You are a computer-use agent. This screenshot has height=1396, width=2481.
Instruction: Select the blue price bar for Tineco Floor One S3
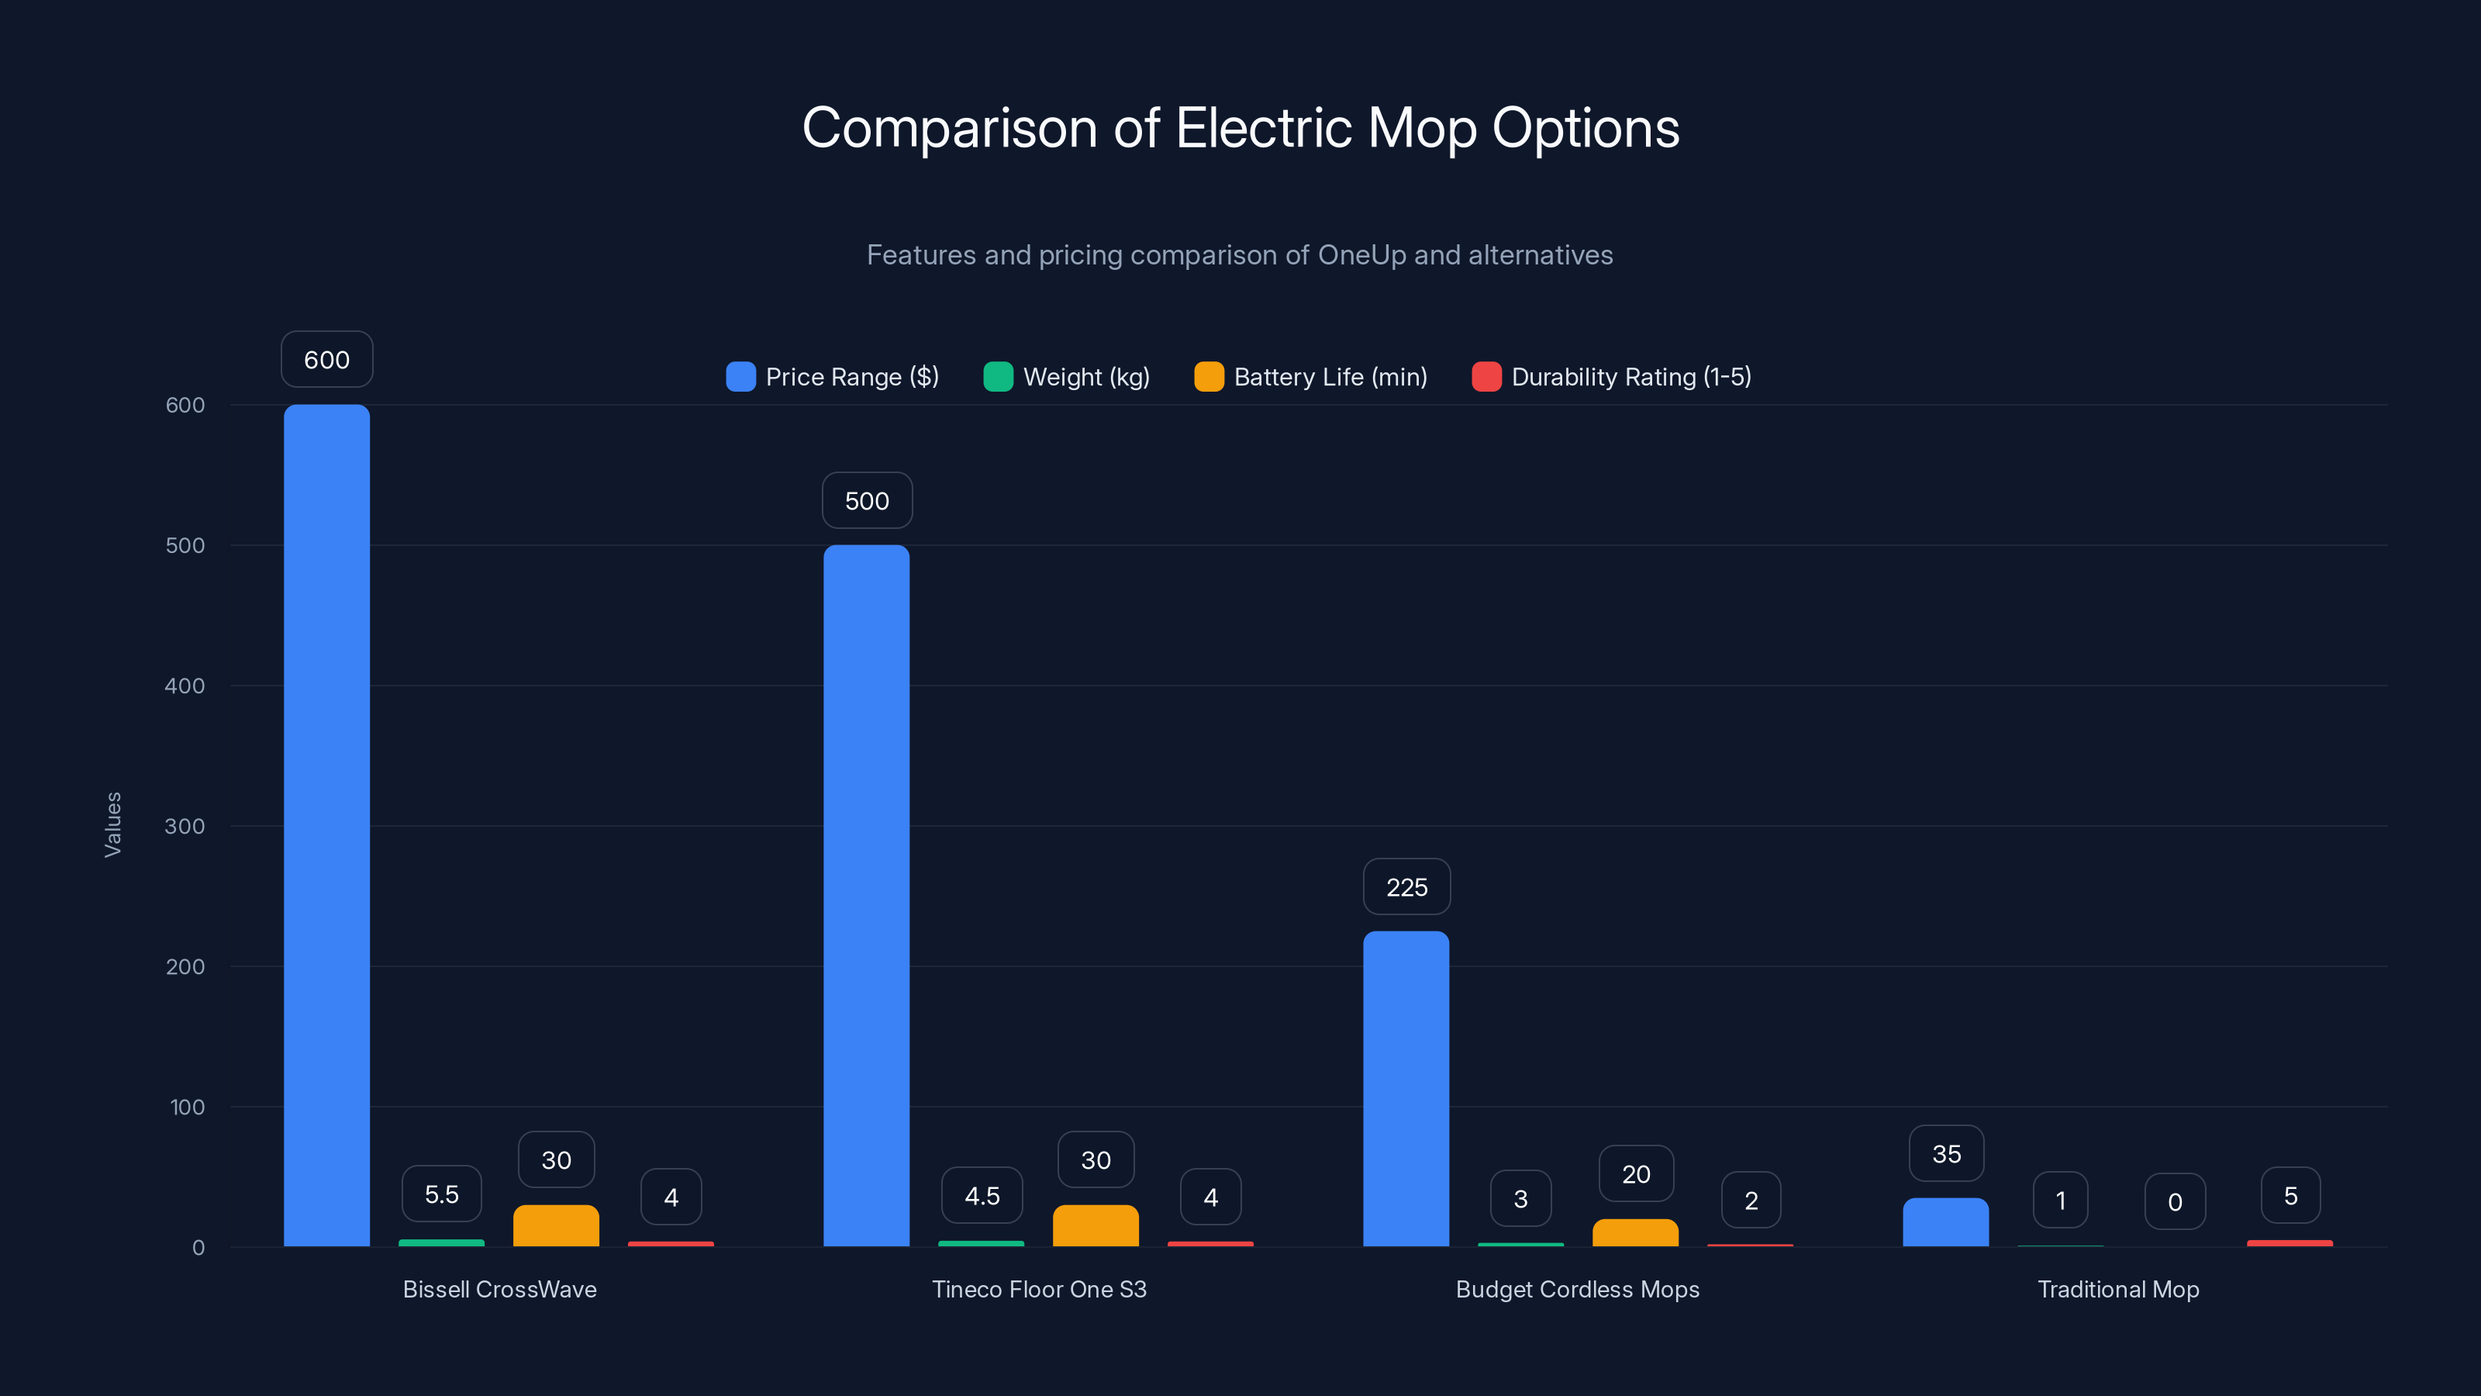click(x=866, y=895)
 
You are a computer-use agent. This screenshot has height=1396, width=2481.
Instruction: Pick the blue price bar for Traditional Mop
click(x=1945, y=1222)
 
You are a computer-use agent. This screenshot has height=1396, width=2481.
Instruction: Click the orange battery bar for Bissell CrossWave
click(x=556, y=1225)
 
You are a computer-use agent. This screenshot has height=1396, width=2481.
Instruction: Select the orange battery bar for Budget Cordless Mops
click(x=1635, y=1232)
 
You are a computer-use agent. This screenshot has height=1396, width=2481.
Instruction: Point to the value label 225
click(x=1406, y=887)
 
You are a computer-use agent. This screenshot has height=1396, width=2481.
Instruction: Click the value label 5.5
click(x=441, y=1194)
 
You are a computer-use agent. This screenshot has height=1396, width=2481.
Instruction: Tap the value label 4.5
click(x=982, y=1196)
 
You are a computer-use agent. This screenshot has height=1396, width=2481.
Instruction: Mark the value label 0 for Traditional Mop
click(x=2175, y=1201)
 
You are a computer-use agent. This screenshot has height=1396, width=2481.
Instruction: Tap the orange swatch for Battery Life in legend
click(x=1209, y=377)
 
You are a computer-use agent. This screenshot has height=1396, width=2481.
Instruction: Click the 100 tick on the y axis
click(x=187, y=1107)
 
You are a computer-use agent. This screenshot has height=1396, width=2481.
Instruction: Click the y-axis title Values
click(x=112, y=824)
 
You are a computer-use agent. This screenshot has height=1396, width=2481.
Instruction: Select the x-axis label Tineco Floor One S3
click(x=1039, y=1289)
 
